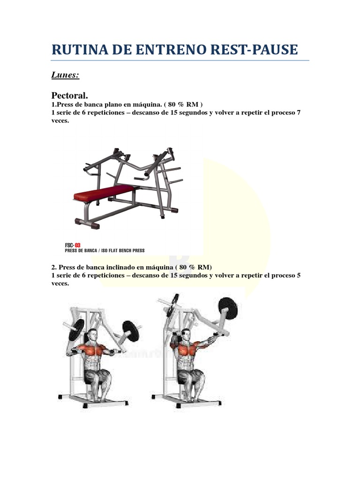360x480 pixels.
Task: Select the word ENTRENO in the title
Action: click(x=163, y=49)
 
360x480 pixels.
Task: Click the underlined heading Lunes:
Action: click(x=65, y=75)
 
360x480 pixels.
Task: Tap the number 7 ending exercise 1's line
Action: click(x=298, y=112)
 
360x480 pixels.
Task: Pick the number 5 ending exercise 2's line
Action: click(x=298, y=276)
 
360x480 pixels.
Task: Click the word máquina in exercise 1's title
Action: click(x=145, y=105)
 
